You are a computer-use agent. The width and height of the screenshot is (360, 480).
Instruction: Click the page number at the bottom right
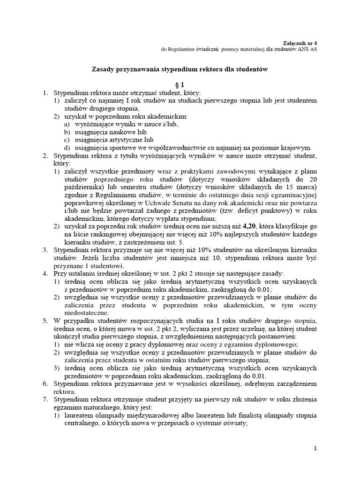[315, 448]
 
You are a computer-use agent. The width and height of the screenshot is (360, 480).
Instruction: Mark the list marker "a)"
[66, 124]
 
